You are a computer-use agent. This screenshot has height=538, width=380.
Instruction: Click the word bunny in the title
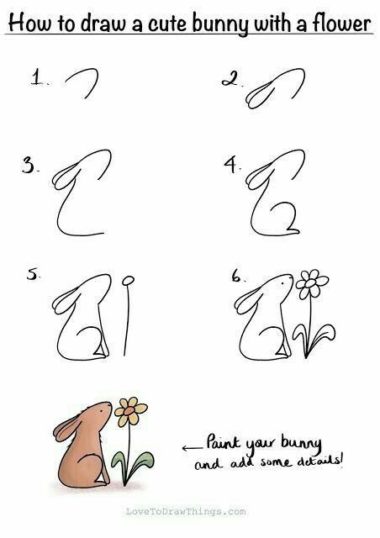pyautogui.click(x=219, y=24)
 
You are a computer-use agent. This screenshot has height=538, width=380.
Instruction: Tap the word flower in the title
pyautogui.click(x=341, y=23)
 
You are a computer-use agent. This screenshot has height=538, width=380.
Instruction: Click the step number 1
pyautogui.click(x=37, y=76)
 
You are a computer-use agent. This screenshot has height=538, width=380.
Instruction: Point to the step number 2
pyautogui.click(x=230, y=80)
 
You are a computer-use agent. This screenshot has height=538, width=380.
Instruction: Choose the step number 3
pyautogui.click(x=29, y=165)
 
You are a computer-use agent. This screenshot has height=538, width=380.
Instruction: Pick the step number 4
pyautogui.click(x=231, y=164)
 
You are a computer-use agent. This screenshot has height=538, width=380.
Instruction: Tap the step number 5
pyautogui.click(x=33, y=274)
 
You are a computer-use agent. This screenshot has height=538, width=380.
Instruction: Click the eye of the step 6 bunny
pyautogui.click(x=282, y=283)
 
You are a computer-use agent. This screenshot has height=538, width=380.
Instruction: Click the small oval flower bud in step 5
pyautogui.click(x=128, y=281)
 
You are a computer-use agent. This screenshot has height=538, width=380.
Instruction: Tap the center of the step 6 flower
pyautogui.click(x=310, y=283)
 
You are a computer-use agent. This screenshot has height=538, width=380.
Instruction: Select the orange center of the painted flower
pyautogui.click(x=129, y=411)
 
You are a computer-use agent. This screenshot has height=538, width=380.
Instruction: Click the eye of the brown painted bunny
pyautogui.click(x=101, y=410)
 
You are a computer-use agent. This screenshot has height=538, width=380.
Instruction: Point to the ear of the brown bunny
pyautogui.click(x=66, y=426)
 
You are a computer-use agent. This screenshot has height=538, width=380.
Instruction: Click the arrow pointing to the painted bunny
pyautogui.click(x=193, y=448)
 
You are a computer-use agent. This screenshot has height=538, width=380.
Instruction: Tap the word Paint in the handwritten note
pyautogui.click(x=223, y=442)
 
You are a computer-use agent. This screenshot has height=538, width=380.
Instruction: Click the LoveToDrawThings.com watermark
pyautogui.click(x=186, y=512)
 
